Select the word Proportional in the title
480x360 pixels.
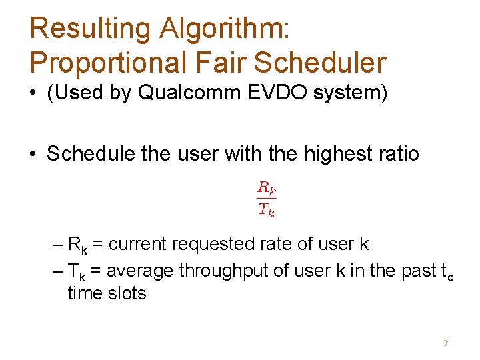tap(104, 62)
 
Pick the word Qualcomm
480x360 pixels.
tap(184, 93)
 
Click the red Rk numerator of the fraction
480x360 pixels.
tap(267, 188)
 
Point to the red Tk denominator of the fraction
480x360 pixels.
tap(267, 210)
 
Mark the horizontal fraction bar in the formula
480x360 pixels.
tap(267, 199)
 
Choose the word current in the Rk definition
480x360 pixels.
tap(138, 245)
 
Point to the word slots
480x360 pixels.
tap(129, 293)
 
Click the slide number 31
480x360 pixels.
tap(447, 343)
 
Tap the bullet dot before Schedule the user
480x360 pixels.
tap(33, 155)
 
